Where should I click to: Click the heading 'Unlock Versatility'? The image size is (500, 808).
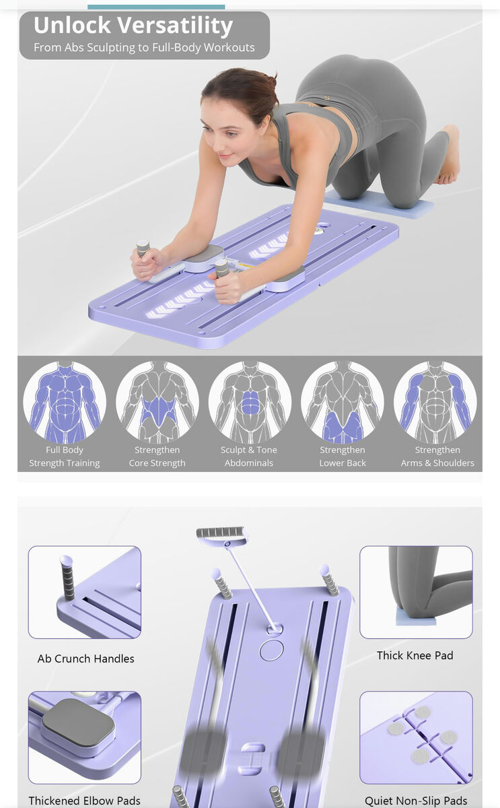(x=133, y=26)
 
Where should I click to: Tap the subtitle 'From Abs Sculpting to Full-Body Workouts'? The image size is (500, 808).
(x=144, y=48)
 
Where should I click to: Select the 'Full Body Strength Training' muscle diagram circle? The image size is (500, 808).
(x=65, y=402)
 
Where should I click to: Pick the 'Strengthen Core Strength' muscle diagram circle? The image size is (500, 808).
(x=157, y=402)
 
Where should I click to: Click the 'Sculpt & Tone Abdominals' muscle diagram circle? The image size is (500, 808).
(x=250, y=402)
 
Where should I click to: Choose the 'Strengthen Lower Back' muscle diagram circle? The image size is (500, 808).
(x=343, y=402)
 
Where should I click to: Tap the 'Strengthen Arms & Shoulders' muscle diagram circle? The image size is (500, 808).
(x=435, y=402)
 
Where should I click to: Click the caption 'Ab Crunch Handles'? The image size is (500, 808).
(x=85, y=659)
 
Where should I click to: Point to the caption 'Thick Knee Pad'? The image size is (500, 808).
(x=415, y=655)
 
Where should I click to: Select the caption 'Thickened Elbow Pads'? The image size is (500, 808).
(x=84, y=801)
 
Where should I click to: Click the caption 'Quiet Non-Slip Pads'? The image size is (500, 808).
(x=416, y=801)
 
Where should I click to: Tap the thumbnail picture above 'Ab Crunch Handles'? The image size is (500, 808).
(x=85, y=593)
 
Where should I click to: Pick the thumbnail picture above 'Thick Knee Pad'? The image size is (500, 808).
(x=416, y=593)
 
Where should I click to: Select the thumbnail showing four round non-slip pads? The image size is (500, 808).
(x=416, y=737)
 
